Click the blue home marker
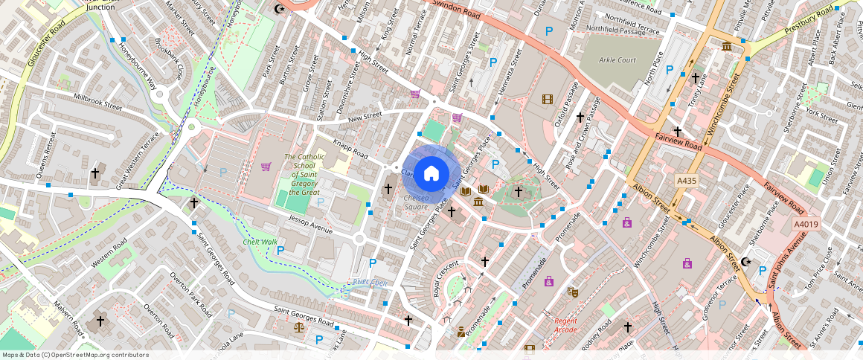(x=431, y=173)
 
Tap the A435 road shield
(x=687, y=180)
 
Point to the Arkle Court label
(x=618, y=60)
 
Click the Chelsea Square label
(x=416, y=202)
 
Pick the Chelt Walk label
(x=260, y=242)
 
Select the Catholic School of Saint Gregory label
(x=304, y=174)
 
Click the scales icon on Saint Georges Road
(x=299, y=327)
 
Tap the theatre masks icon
(x=571, y=292)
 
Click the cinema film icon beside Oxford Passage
(x=548, y=100)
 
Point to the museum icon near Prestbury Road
(x=726, y=47)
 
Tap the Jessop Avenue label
(x=312, y=223)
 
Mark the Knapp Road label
(x=350, y=149)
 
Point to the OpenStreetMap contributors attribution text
(x=75, y=355)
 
